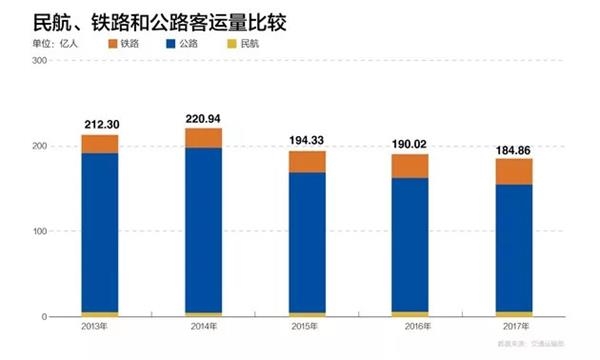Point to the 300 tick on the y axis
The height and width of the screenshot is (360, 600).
click(x=41, y=61)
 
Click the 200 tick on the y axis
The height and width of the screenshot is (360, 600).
click(x=41, y=146)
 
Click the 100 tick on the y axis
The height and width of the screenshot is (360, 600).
click(x=41, y=231)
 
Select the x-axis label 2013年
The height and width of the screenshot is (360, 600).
click(x=99, y=327)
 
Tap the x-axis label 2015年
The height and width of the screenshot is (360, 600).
click(x=307, y=327)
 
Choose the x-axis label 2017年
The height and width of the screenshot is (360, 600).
click(x=514, y=327)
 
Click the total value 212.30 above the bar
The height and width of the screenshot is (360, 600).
click(x=100, y=125)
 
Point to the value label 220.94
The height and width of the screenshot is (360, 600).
click(x=204, y=118)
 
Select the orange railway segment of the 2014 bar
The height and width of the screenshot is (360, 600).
click(x=204, y=138)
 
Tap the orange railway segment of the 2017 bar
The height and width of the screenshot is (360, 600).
click(x=514, y=171)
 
